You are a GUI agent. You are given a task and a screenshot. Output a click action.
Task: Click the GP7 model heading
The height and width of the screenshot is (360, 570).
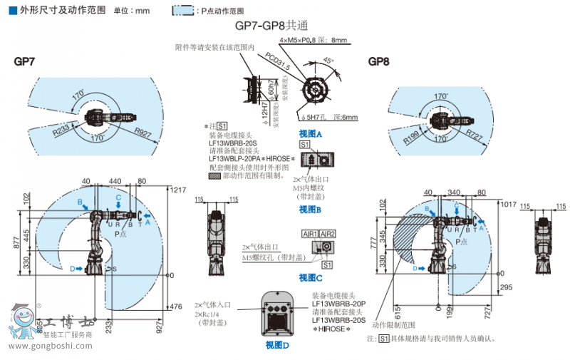tap(24, 62)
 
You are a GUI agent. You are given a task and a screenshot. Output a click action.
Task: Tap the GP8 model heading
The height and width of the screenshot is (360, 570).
tap(378, 62)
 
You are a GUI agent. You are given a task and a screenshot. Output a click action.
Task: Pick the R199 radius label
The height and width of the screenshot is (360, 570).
tap(413, 136)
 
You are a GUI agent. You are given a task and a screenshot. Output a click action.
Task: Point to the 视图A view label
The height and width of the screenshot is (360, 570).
tap(311, 134)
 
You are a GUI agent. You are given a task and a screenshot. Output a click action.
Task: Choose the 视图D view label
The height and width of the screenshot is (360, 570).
tap(277, 345)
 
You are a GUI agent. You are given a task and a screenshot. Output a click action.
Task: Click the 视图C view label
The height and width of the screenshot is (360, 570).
tap(311, 277)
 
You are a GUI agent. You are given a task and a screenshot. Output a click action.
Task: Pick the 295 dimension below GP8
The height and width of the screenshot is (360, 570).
tap(507, 287)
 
